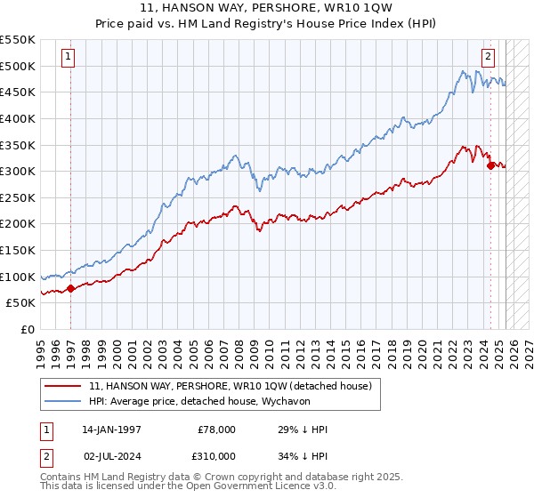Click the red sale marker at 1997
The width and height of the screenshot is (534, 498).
(x=70, y=287)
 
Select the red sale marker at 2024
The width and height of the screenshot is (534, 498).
(x=490, y=165)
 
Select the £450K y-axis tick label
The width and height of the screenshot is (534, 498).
(x=18, y=92)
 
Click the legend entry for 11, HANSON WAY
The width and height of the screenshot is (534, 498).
(x=235, y=386)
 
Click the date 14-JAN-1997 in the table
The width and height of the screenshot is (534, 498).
(x=111, y=430)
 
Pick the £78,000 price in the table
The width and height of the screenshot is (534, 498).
(x=216, y=430)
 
